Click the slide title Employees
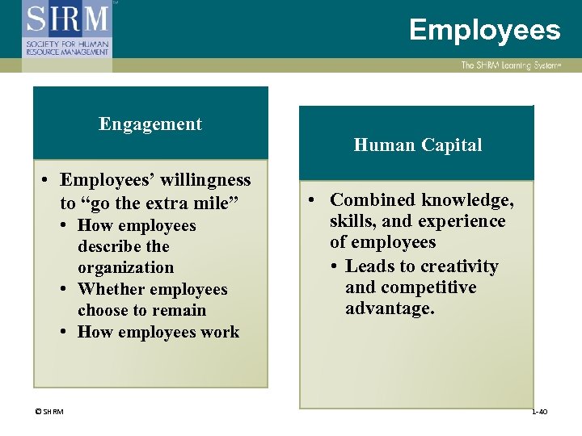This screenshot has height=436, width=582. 484,30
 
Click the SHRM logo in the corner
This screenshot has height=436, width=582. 68,29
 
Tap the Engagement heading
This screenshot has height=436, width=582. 150,124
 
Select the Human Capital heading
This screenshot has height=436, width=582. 417,145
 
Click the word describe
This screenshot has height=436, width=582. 112,246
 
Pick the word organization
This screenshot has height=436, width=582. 125,267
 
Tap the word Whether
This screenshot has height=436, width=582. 113,289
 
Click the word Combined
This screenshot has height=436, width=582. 373,200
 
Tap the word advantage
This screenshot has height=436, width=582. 390,308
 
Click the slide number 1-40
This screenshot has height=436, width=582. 539,412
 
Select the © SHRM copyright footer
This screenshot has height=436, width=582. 49,412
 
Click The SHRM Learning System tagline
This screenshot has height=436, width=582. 509,65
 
